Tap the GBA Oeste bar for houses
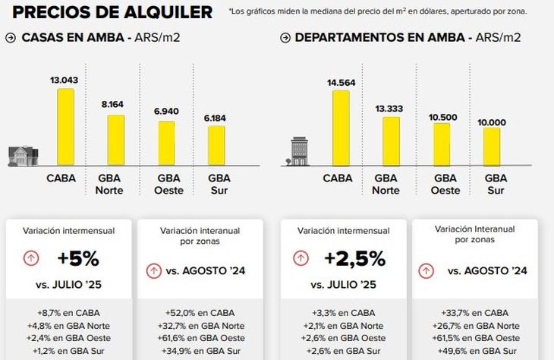pos(167,144)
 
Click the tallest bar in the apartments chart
pos(342,128)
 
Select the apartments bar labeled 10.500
pos(441,144)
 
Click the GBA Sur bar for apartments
pos(491,147)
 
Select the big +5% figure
pos(78,258)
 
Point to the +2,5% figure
pos(355,258)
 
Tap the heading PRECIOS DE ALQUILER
pos(113,12)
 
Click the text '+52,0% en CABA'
pos(200,312)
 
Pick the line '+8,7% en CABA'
pos(68,312)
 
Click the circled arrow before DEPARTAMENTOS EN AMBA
pos(286,37)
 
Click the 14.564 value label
pos(341,81)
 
